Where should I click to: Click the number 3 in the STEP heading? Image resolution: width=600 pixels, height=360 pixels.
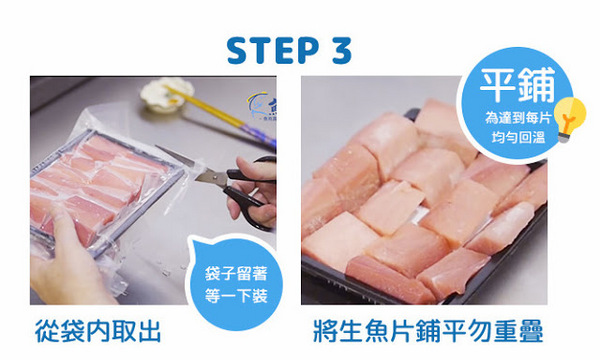coord(343,51)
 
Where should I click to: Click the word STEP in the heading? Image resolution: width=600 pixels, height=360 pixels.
coord(274,51)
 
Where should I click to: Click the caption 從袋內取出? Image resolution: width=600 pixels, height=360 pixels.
coord(96,331)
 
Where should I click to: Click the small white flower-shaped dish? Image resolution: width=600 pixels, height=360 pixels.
coord(158,96)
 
